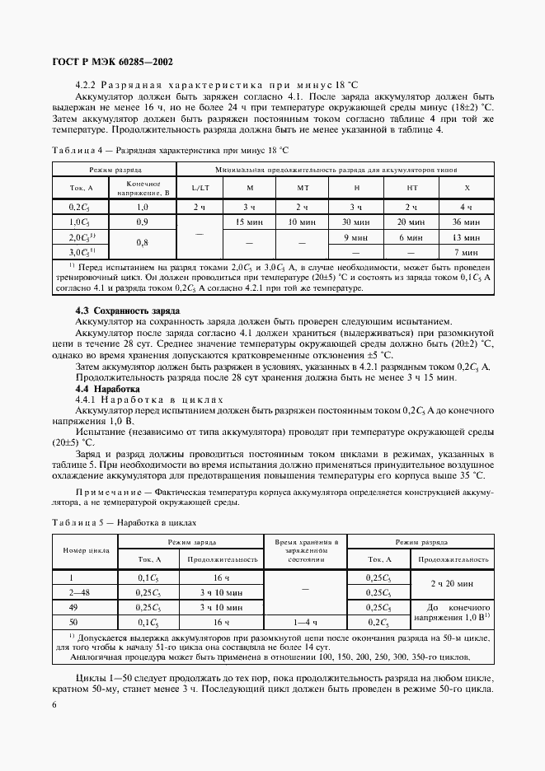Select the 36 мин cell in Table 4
pos(467,222)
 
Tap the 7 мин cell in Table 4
pos(467,251)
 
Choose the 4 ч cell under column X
pos(467,207)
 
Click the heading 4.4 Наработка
pos(107,387)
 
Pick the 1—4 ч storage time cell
pos(303,622)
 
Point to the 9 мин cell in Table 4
pos(357,236)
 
